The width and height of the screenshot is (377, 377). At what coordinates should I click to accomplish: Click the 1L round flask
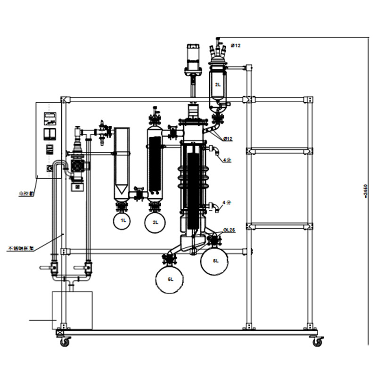pos(123,221)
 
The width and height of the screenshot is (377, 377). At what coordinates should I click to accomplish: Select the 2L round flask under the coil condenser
pos(154,222)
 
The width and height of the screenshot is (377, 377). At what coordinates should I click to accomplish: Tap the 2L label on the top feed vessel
pos(218,85)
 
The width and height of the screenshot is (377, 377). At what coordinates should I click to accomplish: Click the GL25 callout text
pos(229,231)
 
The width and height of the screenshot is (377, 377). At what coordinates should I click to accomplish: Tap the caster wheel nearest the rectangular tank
pos(65,341)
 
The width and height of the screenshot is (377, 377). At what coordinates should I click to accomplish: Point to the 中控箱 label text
pos(23,192)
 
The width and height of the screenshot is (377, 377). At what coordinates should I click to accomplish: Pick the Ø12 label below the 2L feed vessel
pos(228,139)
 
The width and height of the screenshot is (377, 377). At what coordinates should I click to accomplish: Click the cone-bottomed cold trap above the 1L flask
pos(123,163)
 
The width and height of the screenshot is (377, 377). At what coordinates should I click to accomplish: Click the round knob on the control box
pos(48,168)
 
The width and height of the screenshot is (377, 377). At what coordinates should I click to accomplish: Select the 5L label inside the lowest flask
pos(171,279)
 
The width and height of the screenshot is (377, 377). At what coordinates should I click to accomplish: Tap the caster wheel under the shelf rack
pos(319,341)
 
